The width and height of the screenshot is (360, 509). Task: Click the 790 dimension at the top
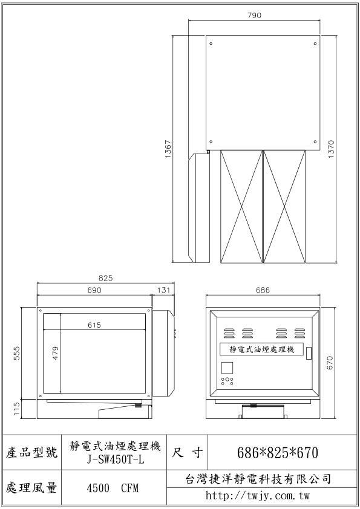tap(254, 15)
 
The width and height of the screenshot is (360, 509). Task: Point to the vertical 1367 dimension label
tap(168, 149)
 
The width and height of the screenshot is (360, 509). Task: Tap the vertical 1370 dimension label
tap(331, 149)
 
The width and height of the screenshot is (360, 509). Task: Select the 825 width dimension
tap(105, 278)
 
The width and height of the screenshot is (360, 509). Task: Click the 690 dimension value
tap(94, 290)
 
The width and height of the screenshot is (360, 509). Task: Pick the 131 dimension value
tap(164, 290)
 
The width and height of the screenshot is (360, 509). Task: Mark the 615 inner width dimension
tap(94, 325)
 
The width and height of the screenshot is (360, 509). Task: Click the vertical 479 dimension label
tap(55, 353)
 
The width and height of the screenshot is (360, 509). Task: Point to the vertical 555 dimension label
tap(17, 353)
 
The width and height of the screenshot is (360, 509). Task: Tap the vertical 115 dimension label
tap(17, 410)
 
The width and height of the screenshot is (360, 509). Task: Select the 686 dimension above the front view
tap(263, 290)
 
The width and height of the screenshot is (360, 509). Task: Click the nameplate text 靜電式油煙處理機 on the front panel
tap(262, 349)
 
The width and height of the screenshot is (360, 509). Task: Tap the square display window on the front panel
tap(227, 368)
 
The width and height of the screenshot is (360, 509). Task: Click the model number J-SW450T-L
tap(116, 459)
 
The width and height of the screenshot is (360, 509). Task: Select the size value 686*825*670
tap(278, 453)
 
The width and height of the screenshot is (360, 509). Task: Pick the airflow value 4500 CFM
tap(113, 488)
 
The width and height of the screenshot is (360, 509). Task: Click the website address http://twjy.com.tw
tap(257, 496)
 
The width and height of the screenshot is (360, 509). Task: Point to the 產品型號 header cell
tap(31, 452)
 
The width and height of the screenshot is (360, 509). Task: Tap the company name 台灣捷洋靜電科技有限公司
tap(258, 479)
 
